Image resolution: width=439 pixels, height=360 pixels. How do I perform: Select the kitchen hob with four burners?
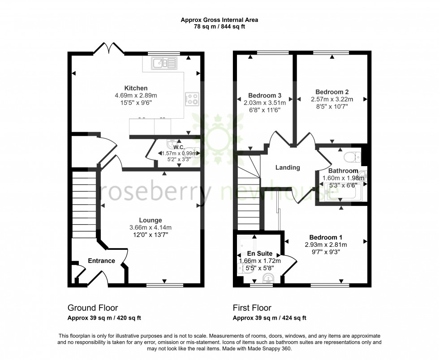192,99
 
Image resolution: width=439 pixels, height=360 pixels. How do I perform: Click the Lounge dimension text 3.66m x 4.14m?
150,227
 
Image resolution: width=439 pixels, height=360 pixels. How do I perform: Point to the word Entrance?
102,261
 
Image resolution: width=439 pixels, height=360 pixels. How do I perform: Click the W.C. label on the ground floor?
179,147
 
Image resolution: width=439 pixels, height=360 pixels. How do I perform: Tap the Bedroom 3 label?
264,95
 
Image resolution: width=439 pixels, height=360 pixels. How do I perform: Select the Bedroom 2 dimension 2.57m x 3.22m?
332,99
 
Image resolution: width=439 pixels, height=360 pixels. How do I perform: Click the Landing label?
287,168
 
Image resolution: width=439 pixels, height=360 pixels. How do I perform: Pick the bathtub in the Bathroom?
343,193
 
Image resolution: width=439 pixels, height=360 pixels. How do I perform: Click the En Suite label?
260,254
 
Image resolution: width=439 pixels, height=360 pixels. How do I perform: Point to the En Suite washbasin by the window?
268,279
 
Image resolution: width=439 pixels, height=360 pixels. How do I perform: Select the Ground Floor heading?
93,308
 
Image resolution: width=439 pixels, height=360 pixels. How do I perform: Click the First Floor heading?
252,308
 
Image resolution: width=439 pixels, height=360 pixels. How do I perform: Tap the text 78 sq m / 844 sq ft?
219,27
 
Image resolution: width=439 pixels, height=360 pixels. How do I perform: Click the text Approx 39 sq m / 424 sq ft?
269,318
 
